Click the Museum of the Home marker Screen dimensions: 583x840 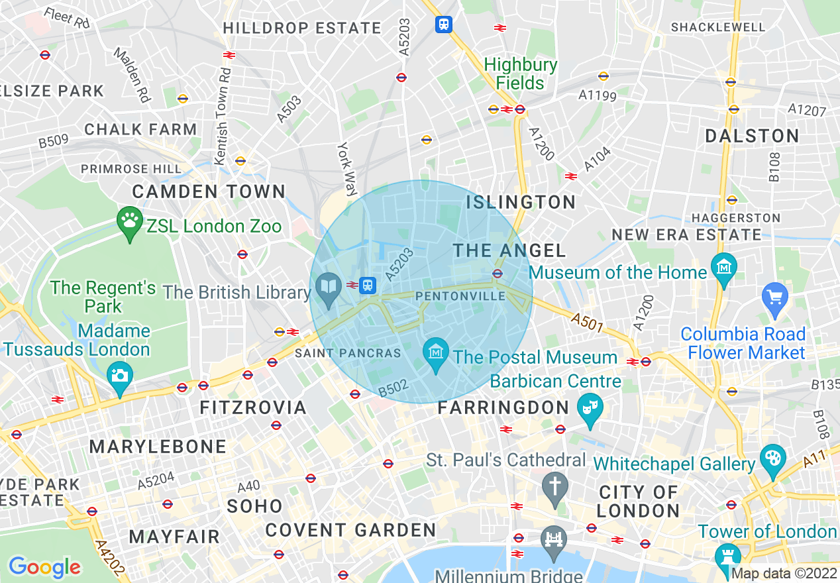(723, 268)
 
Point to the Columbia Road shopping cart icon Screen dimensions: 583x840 (774, 295)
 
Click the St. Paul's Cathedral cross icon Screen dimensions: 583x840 (554, 486)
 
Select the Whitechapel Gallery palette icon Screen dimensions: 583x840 (772, 458)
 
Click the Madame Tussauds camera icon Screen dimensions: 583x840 (119, 376)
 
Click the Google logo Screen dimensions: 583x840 (44, 566)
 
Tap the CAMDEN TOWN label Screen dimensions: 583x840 (209, 192)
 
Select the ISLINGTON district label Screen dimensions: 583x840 (521, 202)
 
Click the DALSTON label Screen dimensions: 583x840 (752, 136)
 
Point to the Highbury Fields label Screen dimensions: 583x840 (521, 74)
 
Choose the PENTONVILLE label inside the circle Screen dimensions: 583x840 (460, 296)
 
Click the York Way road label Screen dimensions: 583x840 (346, 169)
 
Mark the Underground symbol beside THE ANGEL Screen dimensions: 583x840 (498, 273)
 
